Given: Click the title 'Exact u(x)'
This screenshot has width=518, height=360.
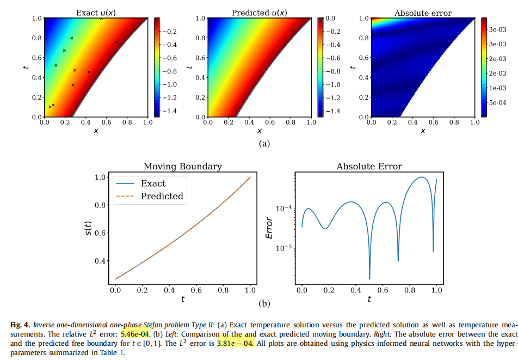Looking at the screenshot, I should (x=96, y=12).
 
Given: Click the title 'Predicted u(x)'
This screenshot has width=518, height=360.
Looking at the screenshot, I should (x=259, y=12).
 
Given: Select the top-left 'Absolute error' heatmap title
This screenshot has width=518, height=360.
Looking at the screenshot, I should (x=423, y=12).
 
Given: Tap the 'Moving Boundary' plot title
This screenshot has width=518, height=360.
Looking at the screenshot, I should (x=182, y=166).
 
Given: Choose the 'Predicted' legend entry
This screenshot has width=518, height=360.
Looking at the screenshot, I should (x=162, y=196).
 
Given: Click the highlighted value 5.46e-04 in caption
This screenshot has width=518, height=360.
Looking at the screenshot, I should (x=135, y=334).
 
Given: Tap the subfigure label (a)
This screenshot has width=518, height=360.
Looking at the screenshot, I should (x=264, y=143).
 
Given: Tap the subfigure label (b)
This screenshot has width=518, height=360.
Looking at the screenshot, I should (x=264, y=303).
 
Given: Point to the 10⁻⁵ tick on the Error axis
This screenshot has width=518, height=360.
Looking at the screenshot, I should (x=286, y=248).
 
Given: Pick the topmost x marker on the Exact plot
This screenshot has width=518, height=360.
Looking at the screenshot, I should (x=101, y=19).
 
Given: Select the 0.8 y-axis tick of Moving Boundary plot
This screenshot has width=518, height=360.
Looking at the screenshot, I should (x=101, y=205).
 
